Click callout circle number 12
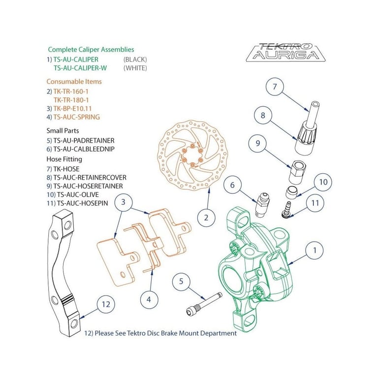[x=106, y=305]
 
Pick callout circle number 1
[x=315, y=250]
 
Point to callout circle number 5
[x=181, y=282]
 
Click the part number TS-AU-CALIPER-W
[x=80, y=68]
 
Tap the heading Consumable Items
[x=74, y=81]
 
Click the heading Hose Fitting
[x=64, y=159]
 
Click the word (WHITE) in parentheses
[x=135, y=68]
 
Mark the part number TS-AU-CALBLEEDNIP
[x=87, y=149]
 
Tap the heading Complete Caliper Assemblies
[x=91, y=50]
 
